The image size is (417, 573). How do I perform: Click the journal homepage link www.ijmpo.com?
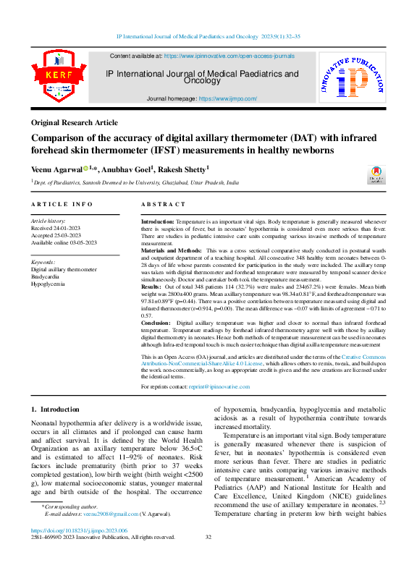(227, 98)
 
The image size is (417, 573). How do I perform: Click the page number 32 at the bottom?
(208, 537)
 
